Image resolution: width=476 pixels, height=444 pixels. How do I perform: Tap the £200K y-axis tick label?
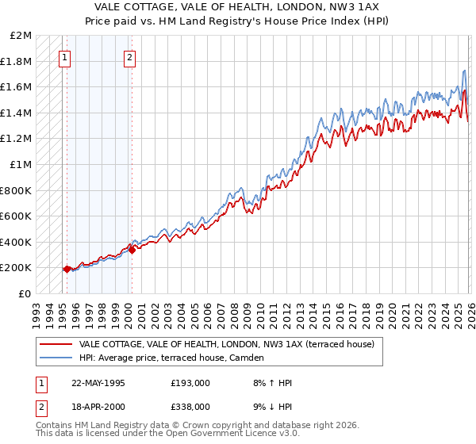pyautogui.click(x=17, y=268)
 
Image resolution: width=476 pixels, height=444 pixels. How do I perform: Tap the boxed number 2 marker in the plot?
pyautogui.click(x=129, y=56)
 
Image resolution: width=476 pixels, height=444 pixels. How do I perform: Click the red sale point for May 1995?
pyautogui.click(x=67, y=269)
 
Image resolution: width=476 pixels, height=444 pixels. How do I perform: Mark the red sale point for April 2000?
pyautogui.click(x=132, y=251)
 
